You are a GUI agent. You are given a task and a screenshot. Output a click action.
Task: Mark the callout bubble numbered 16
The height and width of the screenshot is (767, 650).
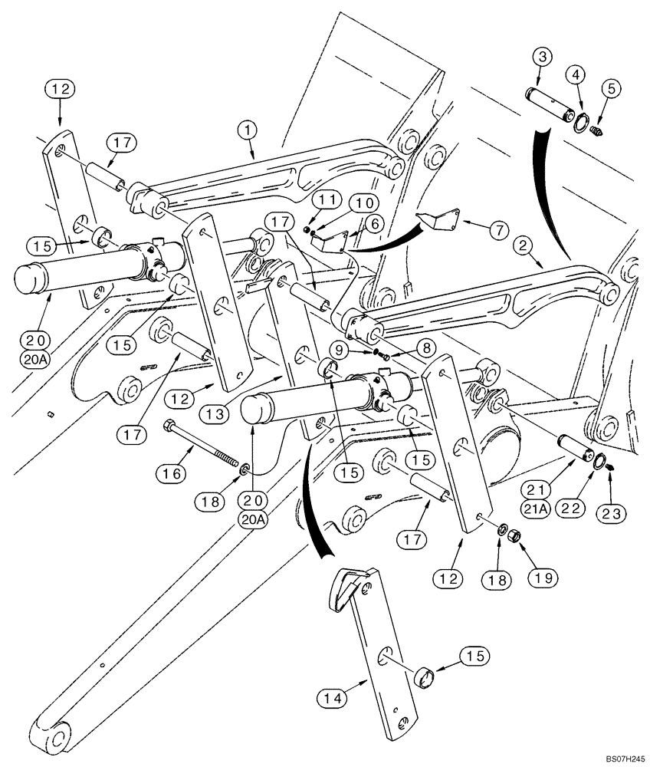click(174, 475)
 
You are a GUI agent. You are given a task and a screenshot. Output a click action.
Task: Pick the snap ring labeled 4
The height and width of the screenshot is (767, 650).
click(582, 120)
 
